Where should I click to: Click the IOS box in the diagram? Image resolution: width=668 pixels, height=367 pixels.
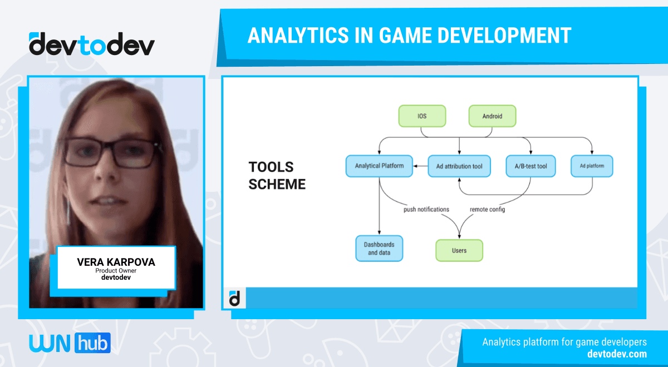422,116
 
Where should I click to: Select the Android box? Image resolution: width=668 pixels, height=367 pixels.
492,116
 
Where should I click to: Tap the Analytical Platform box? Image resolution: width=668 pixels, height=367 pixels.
379,166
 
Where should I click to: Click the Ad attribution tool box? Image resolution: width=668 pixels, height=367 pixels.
459,166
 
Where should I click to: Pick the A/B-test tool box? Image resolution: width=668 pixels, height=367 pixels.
531,166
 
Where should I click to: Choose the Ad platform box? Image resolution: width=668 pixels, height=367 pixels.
592,166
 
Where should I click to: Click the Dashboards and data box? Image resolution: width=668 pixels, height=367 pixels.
379,249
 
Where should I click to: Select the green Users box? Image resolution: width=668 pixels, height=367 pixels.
459,250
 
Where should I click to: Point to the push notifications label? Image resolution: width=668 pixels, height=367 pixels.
426,210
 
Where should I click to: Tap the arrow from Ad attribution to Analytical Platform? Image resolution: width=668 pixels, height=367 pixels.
420,166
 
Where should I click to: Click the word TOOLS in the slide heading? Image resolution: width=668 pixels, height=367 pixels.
271,167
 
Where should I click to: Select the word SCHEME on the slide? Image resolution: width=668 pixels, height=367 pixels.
277,184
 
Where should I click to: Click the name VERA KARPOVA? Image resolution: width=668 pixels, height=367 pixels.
116,262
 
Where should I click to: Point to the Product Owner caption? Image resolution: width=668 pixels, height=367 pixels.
116,270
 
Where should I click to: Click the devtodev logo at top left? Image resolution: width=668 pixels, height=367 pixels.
92,44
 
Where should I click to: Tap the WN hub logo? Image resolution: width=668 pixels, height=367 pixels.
70,343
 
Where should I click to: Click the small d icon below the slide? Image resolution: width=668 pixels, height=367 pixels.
235,299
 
